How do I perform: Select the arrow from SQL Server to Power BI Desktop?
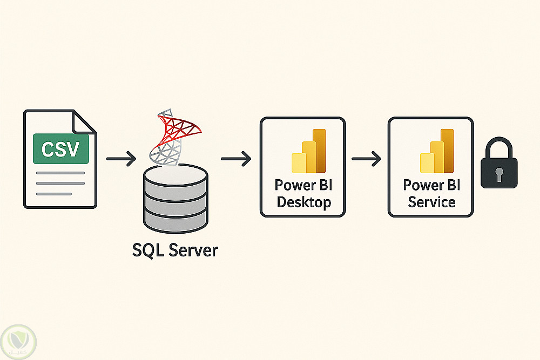(x=236, y=159)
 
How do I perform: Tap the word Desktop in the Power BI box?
(x=303, y=203)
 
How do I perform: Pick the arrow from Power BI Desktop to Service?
(x=366, y=159)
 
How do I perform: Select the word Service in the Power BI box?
(x=431, y=202)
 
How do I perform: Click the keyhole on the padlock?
(x=498, y=174)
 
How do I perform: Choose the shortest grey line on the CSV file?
(x=54, y=193)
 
